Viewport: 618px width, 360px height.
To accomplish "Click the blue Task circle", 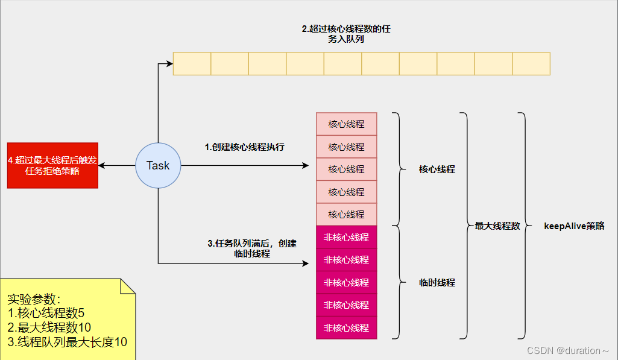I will [158, 165].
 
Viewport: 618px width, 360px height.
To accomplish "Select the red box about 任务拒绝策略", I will [52, 165].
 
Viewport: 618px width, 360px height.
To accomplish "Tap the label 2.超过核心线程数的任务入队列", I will [350, 34].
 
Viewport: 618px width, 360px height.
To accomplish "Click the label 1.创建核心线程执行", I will [244, 147].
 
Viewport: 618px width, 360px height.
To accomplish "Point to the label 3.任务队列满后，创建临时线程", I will [252, 248].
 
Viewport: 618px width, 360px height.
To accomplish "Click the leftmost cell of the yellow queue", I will [192, 64].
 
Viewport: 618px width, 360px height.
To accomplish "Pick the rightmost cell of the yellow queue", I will [531, 64].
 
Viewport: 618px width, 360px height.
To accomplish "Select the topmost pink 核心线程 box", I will [346, 124].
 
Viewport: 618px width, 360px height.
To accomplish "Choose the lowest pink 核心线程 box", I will [346, 214].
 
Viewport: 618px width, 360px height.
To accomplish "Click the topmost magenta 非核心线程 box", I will [346, 237].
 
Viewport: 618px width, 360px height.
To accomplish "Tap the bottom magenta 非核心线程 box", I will [346, 327].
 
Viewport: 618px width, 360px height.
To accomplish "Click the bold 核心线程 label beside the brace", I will [437, 169].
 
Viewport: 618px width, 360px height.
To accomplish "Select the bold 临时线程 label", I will [437, 282].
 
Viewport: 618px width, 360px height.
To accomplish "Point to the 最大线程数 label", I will [497, 226].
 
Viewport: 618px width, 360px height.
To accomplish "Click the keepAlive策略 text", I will [573, 226].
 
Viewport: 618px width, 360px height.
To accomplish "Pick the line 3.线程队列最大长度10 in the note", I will [67, 342].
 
